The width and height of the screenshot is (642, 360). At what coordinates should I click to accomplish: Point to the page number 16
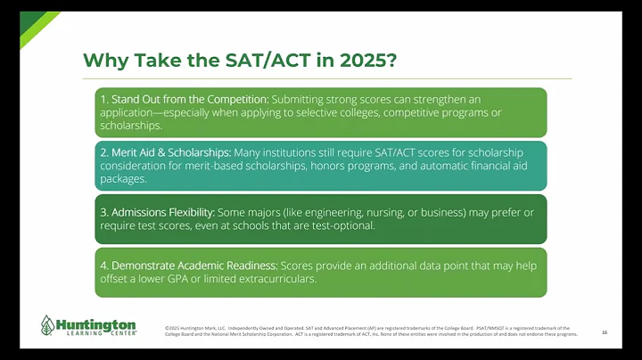pos(605,332)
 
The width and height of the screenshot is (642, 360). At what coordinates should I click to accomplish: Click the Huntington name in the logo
pos(95,322)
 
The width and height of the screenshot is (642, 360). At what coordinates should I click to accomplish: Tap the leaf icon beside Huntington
pos(47,326)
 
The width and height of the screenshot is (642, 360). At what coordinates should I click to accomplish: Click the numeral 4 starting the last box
pos(103,266)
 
